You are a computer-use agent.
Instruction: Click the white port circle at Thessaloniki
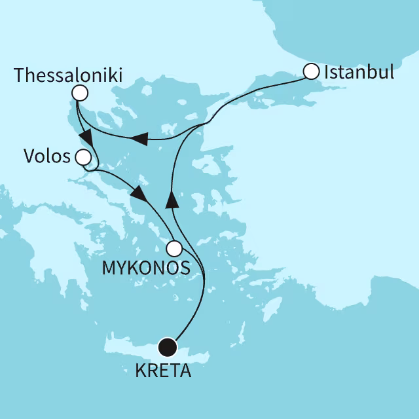point(80,94)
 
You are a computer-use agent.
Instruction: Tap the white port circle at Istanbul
point(312,70)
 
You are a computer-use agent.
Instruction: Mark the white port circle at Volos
point(83,157)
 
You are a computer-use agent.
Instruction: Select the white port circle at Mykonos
point(173,248)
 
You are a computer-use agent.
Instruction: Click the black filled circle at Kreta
point(168,346)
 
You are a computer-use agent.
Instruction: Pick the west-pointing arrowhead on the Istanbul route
point(137,138)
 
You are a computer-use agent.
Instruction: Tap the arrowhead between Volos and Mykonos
point(138,194)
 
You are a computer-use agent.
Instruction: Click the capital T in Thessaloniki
point(19,73)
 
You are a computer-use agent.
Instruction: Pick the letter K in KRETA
point(139,372)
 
